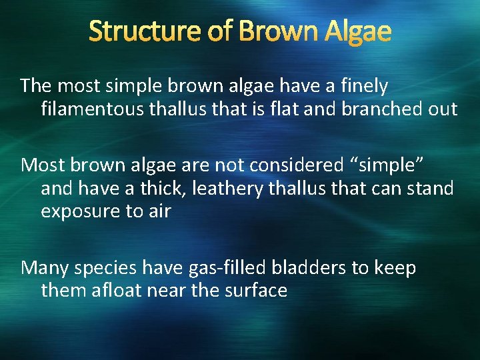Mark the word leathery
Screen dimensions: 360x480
click(227, 189)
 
